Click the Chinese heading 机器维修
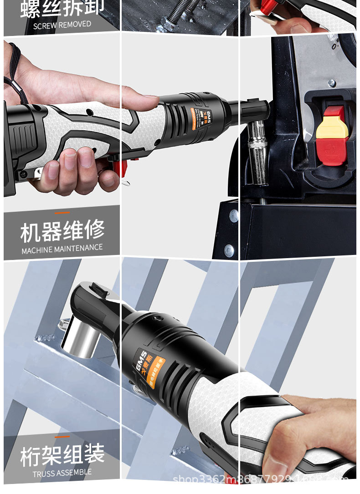[x=62, y=231]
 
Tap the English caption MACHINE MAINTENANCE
[x=62, y=249]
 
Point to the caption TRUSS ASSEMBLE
[x=62, y=473]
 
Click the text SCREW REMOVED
[x=62, y=25]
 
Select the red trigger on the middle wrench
[x=120, y=167]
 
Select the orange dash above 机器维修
[x=62, y=213]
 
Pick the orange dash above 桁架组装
[x=62, y=437]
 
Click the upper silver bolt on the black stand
[x=233, y=216]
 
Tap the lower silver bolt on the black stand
[x=229, y=250]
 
